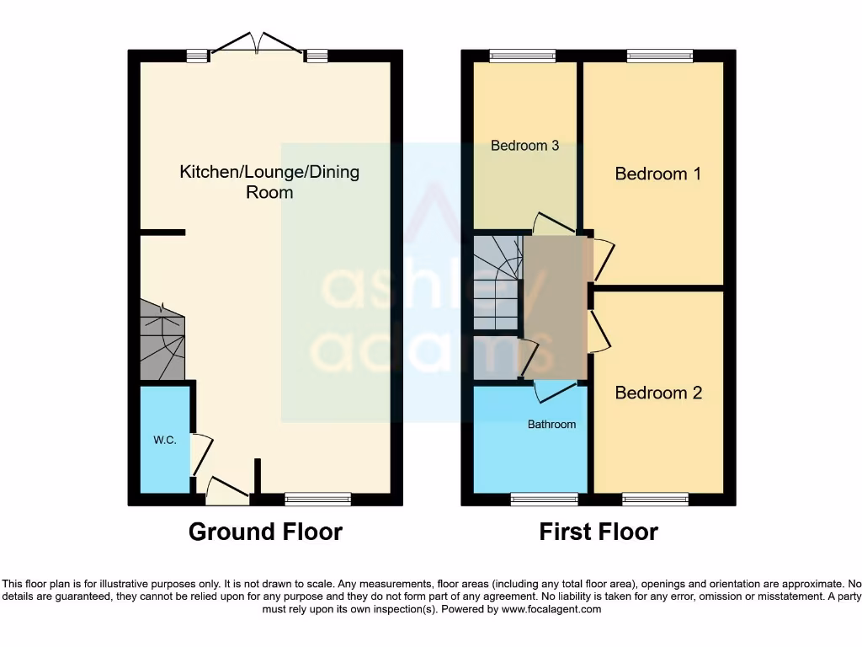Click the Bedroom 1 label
[657, 174]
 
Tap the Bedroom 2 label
[658, 393]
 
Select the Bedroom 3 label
[524, 146]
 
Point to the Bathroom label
[551, 424]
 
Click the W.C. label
[165, 441]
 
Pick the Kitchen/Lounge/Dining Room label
[269, 182]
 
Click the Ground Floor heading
[265, 532]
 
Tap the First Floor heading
[599, 532]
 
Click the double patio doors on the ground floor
[257, 45]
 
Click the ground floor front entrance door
[227, 490]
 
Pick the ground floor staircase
[161, 341]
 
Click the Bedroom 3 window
[523, 56]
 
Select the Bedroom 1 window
[659, 56]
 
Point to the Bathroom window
[544, 500]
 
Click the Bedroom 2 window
[655, 500]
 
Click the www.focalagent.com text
[551, 609]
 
